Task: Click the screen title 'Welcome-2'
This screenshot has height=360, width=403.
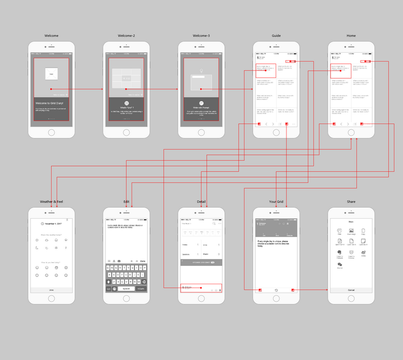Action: point(126,36)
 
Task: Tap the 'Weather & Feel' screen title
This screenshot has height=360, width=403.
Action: point(51,201)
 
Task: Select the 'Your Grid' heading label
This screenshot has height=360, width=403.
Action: point(276,201)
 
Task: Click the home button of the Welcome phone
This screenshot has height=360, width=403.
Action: point(51,132)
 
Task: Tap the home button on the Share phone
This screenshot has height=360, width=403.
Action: point(351,298)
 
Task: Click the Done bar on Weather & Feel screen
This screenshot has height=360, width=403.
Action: point(51,290)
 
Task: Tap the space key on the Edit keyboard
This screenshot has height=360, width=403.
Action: point(126,289)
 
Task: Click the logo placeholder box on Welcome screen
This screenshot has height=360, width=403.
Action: point(51,74)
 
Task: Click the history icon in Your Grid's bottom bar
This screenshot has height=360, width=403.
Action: point(276,290)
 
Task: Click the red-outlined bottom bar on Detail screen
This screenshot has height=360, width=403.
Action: point(201,288)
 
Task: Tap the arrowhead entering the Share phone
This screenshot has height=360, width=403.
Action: point(327,290)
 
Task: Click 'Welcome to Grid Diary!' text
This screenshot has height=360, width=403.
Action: point(51,102)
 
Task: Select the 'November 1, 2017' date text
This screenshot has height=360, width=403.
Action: point(54,222)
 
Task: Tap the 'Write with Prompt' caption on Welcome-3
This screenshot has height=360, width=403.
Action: point(201,107)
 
